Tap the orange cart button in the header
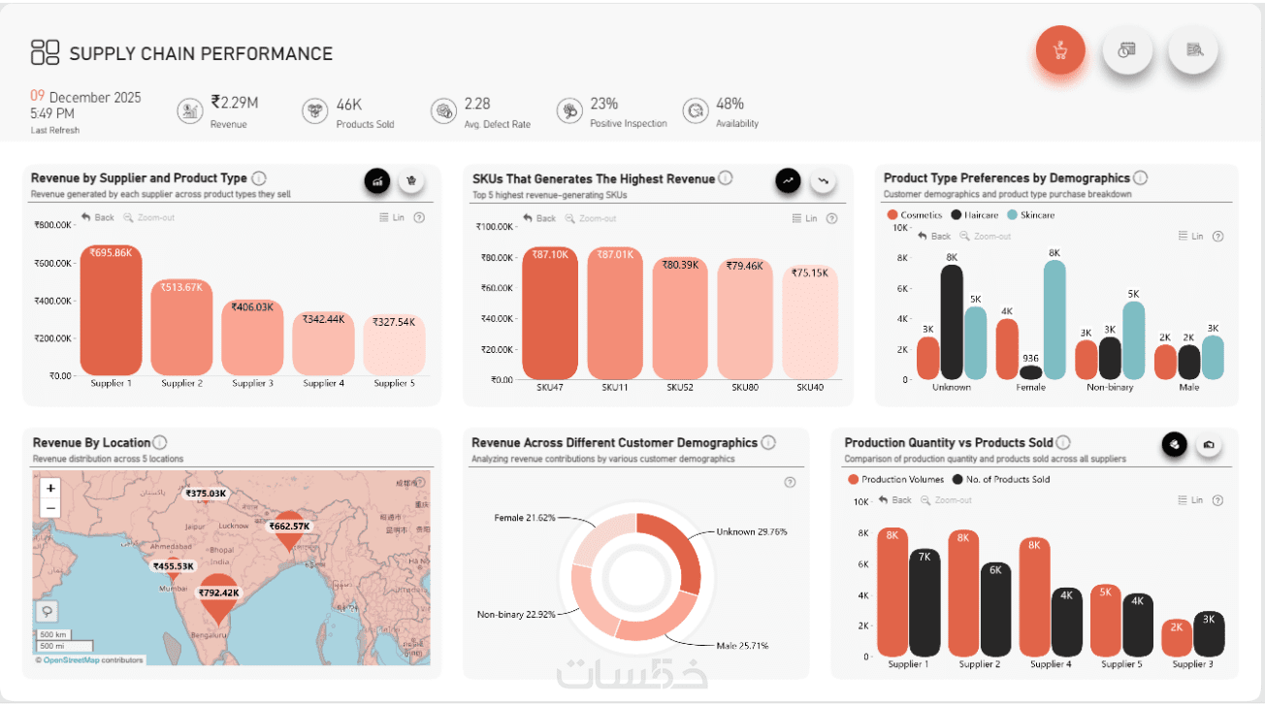1059,49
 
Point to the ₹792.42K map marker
217,596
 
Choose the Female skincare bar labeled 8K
1054,320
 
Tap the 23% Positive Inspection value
603,104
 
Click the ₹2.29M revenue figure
235,104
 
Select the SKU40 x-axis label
810,388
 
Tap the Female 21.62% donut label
525,518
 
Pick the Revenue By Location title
91,443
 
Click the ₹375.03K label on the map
206,494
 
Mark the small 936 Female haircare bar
1030,372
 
